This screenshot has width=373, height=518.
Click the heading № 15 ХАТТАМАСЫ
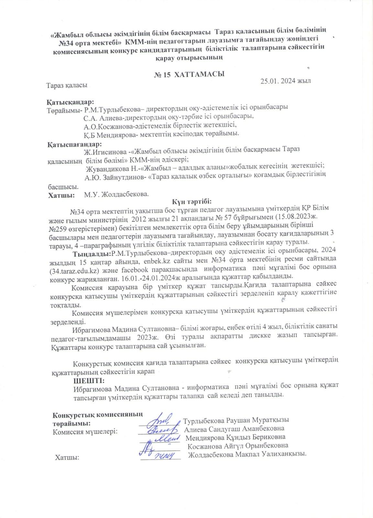189,74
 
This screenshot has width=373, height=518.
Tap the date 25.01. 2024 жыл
286,81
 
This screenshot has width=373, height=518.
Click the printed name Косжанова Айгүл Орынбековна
238,446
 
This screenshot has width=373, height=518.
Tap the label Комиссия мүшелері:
85,431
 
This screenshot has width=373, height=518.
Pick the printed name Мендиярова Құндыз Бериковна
236,437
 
